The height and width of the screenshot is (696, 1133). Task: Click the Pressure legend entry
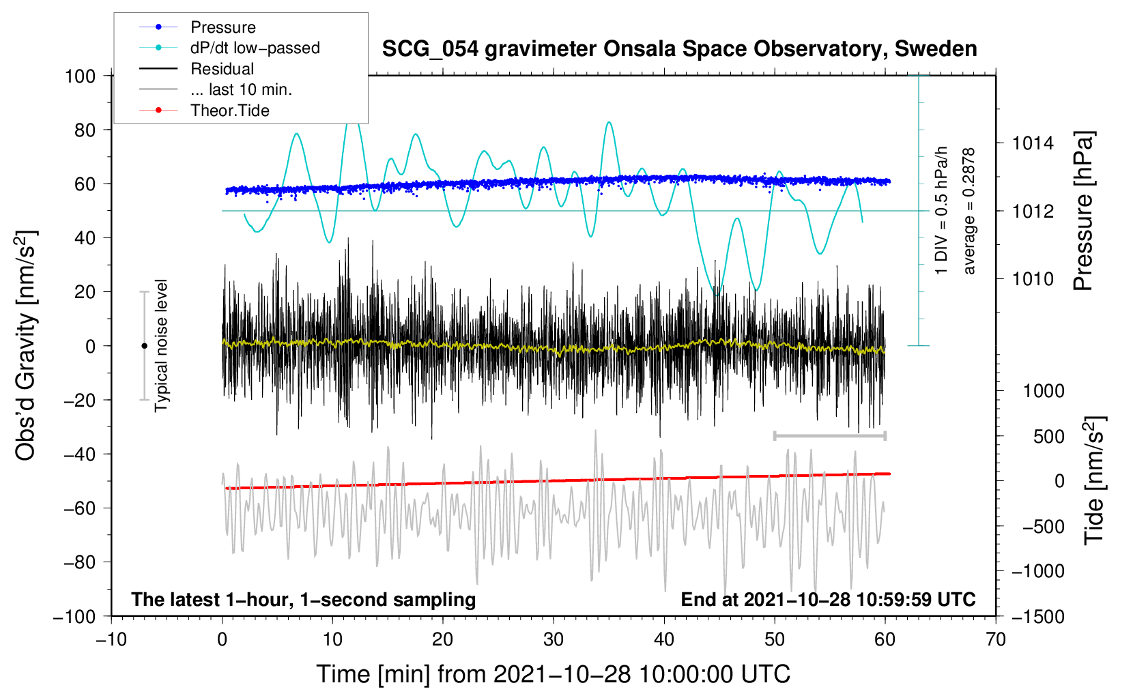tap(223, 27)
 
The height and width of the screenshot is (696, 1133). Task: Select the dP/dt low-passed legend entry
tap(255, 48)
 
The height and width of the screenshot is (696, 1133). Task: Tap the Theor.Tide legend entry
tap(229, 111)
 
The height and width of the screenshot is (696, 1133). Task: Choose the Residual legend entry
tap(222, 69)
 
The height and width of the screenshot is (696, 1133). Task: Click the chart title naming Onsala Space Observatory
tap(679, 49)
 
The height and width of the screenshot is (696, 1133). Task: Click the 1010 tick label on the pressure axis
tap(1033, 279)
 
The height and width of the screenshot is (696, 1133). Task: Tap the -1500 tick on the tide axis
tap(1037, 617)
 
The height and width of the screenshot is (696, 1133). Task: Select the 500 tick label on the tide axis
tap(1048, 437)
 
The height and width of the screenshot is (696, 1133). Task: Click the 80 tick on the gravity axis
tap(85, 130)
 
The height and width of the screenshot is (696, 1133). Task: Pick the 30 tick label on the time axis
tap(553, 639)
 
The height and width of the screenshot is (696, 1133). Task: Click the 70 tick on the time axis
tap(996, 639)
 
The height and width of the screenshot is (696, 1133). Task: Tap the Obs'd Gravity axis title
tap(25, 345)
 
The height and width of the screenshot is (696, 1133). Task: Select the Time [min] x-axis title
tap(553, 674)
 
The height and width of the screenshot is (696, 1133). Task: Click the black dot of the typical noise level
tap(144, 346)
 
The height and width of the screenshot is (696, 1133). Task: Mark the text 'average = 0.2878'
tap(969, 211)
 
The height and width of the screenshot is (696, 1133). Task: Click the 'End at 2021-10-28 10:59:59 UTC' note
tap(828, 599)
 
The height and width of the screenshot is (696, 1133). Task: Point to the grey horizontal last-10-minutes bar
tap(829, 435)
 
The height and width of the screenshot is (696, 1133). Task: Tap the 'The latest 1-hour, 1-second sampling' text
tap(303, 599)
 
